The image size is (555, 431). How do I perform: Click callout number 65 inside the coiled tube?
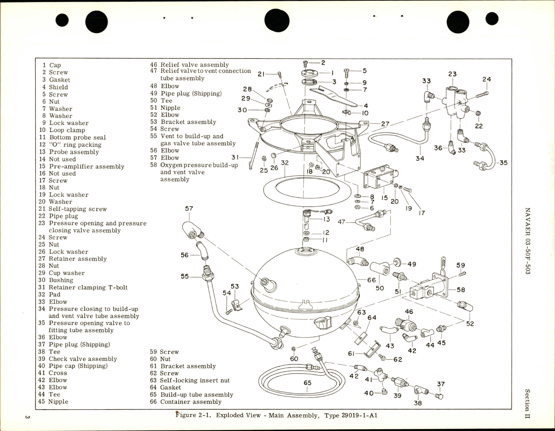(x=307, y=383)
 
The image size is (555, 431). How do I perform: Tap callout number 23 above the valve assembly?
(x=452, y=74)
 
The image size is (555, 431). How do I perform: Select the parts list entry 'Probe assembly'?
(x=74, y=152)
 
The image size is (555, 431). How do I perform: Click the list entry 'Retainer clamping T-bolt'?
(x=88, y=287)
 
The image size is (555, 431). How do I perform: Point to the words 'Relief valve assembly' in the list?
(x=194, y=65)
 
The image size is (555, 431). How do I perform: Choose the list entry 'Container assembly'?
(x=191, y=402)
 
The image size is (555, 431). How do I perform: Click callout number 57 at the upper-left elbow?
(x=189, y=208)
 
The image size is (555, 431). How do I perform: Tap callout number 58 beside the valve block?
(x=461, y=290)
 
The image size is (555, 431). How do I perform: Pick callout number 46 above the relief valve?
(x=409, y=312)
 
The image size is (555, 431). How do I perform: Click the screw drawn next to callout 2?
(x=305, y=64)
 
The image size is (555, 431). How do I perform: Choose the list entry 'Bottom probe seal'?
(x=77, y=138)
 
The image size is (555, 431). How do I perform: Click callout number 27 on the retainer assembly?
(x=385, y=124)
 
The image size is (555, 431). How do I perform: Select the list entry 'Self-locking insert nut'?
(x=195, y=380)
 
